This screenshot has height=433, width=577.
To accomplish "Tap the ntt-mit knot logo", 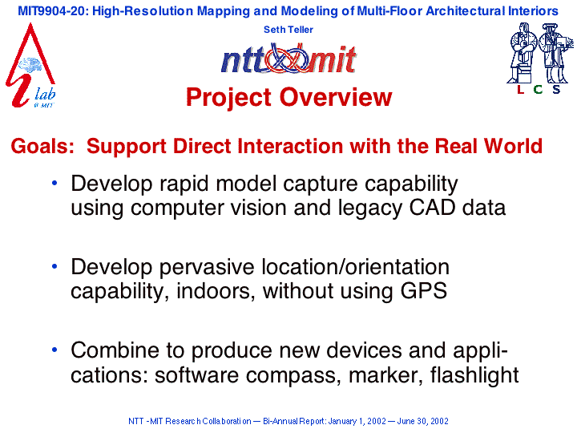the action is [x=288, y=59].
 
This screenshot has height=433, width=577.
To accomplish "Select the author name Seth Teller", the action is [x=288, y=30].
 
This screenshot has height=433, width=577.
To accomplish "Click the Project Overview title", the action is [x=288, y=97].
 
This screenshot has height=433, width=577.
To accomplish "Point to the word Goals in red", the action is [x=42, y=146].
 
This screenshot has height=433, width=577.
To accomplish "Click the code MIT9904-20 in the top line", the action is [x=51, y=11].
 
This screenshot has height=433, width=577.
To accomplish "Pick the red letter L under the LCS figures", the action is [x=520, y=90].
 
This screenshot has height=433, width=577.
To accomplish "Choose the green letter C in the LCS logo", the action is [x=538, y=90].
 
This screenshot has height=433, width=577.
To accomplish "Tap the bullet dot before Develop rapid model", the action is [x=54, y=183].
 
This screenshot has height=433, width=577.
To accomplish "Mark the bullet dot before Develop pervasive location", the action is [x=54, y=266].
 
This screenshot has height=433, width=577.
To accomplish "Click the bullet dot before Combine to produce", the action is [x=54, y=350].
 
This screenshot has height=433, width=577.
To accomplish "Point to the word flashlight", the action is [x=474, y=375].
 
